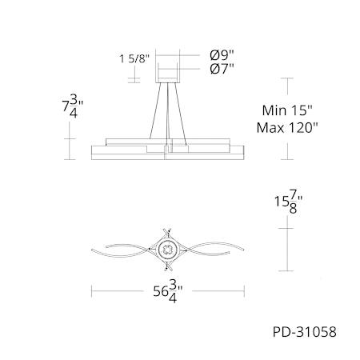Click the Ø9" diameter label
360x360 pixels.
pos(222,55)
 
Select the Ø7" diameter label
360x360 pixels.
pos(222,69)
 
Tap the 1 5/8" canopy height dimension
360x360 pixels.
pos(134,58)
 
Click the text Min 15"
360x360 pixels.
pos(287,110)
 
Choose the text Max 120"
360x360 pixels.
pos(287,128)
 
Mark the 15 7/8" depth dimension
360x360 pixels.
pos(289,205)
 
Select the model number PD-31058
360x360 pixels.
pos(304,332)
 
